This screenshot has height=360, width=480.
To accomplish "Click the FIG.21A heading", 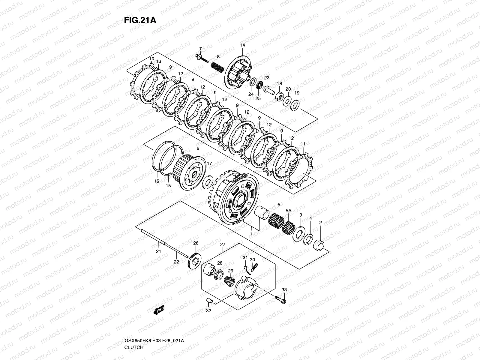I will point(139,20).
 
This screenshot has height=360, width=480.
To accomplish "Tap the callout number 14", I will point(242,45).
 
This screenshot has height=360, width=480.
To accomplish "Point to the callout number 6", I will point(198,148).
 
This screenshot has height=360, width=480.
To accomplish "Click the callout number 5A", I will point(288,211).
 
